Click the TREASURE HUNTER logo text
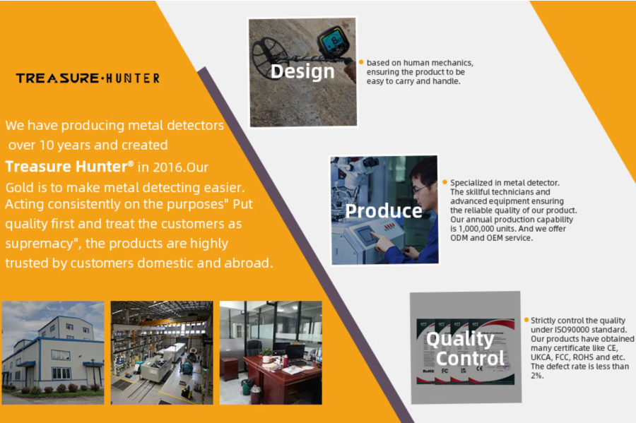(x=88, y=78)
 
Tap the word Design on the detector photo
(x=302, y=72)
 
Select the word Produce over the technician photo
(x=384, y=210)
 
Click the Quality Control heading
(x=465, y=348)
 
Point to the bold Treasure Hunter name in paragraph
(x=69, y=167)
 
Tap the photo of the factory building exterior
(x=53, y=352)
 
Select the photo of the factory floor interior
(x=162, y=352)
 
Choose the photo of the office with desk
(x=271, y=352)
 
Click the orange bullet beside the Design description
(x=361, y=62)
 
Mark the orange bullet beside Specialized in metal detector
(x=445, y=182)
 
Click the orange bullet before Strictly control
(x=526, y=320)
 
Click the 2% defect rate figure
(x=537, y=376)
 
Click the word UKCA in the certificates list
(x=541, y=357)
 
